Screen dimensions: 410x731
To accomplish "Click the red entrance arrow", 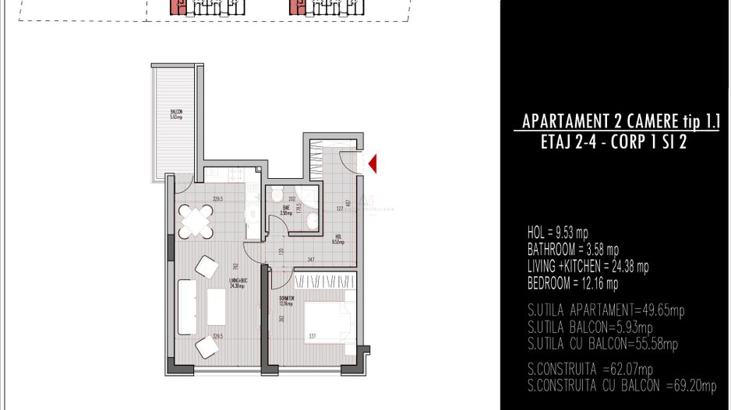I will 373,163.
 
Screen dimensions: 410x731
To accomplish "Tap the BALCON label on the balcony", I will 176,115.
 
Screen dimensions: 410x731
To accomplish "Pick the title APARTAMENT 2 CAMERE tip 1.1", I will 620,122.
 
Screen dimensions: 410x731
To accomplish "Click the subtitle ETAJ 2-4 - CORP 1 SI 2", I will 617,142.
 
